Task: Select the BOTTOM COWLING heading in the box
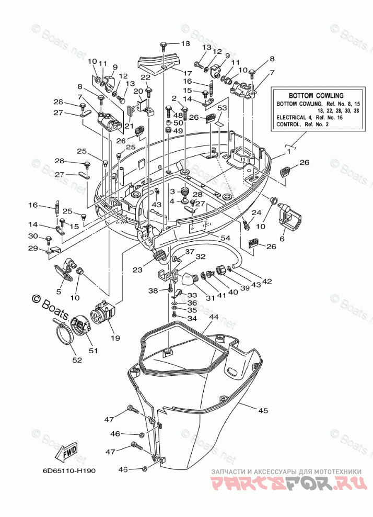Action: click(316, 96)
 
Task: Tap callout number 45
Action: click(263, 410)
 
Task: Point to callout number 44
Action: click(214, 317)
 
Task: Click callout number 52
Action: click(77, 360)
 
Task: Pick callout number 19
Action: click(115, 338)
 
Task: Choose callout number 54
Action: click(226, 238)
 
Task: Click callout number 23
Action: click(137, 269)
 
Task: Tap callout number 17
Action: click(188, 73)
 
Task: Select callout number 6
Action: click(282, 239)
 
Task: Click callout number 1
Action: click(289, 152)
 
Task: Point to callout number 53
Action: click(222, 108)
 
